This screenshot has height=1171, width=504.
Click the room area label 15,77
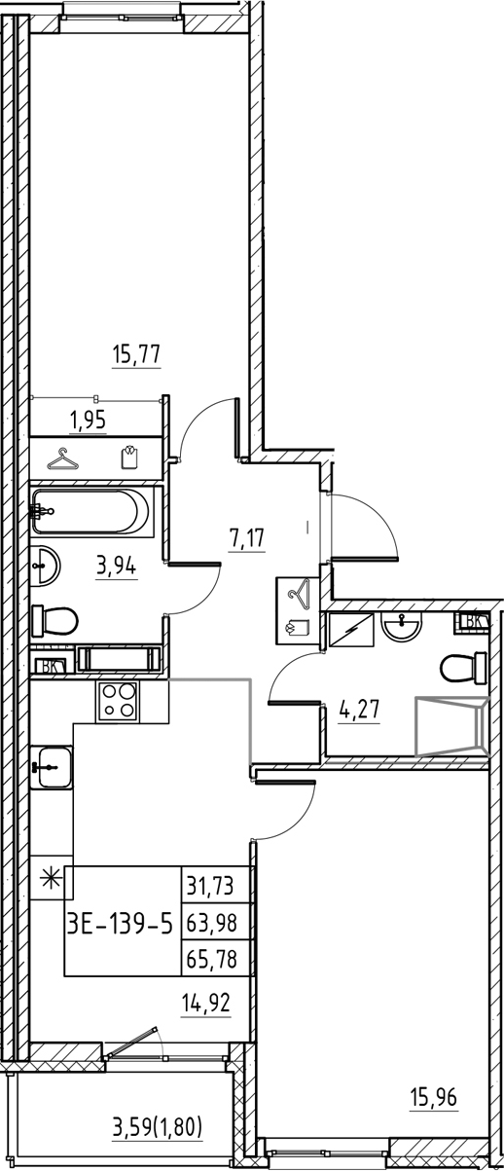136,355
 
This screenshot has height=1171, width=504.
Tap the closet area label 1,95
87,421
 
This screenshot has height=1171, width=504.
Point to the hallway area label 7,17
247,536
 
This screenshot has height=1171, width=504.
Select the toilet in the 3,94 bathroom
55,620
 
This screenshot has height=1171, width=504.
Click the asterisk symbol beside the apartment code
48,881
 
